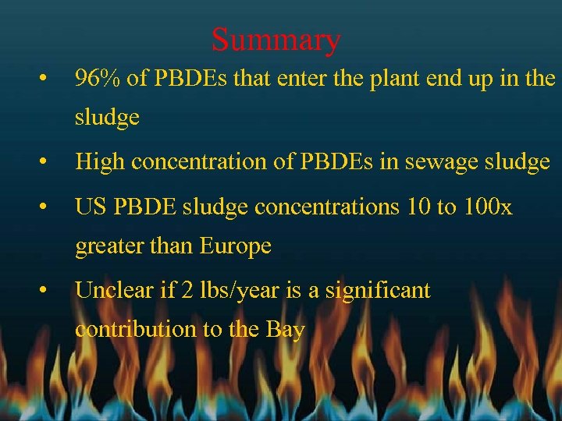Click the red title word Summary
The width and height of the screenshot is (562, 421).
click(276, 39)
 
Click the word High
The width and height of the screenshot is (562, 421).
click(100, 161)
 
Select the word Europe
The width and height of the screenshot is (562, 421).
click(235, 246)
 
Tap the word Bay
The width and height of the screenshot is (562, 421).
click(285, 329)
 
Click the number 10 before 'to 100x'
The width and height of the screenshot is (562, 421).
click(419, 207)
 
